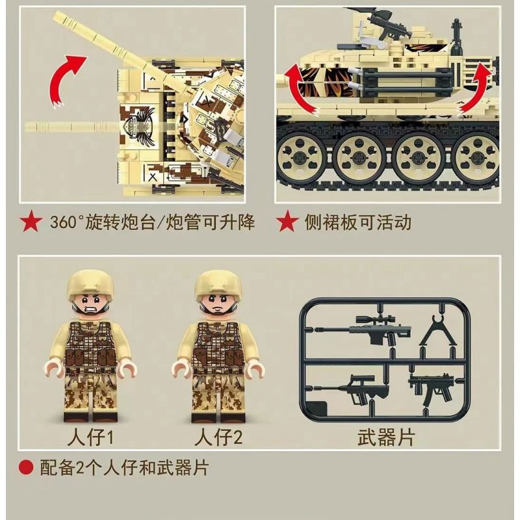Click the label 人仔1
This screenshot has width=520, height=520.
(x=90, y=437)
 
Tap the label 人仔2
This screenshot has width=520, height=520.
(x=218, y=437)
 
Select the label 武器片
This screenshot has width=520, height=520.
(x=386, y=437)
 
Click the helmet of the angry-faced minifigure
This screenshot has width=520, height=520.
(x=90, y=284)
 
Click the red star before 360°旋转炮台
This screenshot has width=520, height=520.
(x=31, y=222)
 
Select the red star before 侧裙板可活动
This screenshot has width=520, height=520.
(x=287, y=222)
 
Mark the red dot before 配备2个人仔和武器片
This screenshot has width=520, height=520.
(x=26, y=467)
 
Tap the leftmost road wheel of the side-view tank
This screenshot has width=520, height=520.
(x=301, y=157)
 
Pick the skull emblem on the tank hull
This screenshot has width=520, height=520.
(x=139, y=124)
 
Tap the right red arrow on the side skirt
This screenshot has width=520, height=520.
(x=474, y=88)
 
